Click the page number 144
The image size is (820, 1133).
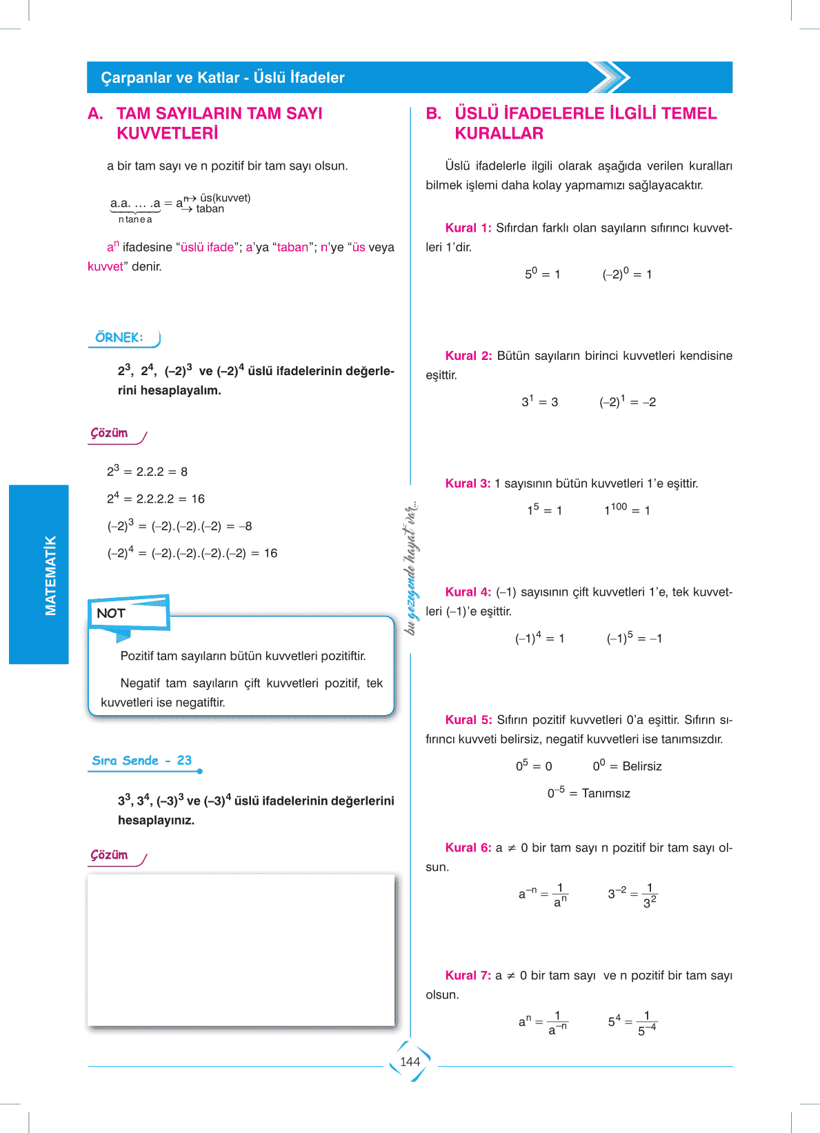(x=410, y=1062)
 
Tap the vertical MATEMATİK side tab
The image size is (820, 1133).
(x=50, y=575)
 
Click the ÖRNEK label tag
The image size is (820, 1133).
(x=119, y=337)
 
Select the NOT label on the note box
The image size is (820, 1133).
(x=111, y=613)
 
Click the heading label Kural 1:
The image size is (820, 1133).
(x=468, y=228)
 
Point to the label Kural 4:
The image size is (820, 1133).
(x=468, y=592)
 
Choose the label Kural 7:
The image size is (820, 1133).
(x=468, y=975)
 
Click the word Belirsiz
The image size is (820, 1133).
(x=641, y=766)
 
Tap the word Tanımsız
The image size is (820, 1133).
(x=606, y=793)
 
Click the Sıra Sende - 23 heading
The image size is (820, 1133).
(x=142, y=761)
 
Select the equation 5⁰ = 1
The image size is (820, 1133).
(x=543, y=274)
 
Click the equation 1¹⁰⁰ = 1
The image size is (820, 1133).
(x=627, y=510)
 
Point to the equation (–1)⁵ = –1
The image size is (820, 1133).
(x=634, y=638)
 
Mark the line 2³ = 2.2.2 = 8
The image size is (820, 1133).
(x=147, y=471)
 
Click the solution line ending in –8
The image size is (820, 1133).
(x=179, y=525)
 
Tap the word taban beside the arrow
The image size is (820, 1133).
(x=210, y=209)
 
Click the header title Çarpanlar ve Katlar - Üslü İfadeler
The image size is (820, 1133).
(x=223, y=77)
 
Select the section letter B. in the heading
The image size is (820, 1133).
(x=434, y=113)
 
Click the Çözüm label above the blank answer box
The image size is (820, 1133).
(x=110, y=855)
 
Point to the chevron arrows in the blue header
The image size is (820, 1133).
(x=610, y=77)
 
